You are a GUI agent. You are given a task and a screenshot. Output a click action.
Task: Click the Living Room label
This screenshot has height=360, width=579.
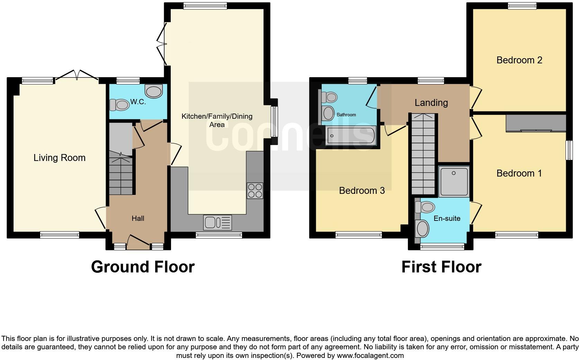click(x=59, y=158)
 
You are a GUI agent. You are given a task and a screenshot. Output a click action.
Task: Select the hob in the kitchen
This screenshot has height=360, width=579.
click(x=255, y=190)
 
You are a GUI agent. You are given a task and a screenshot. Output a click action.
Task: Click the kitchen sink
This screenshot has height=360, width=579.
click(x=218, y=223)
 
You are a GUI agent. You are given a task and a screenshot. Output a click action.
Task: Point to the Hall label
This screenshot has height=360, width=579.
click(x=138, y=218)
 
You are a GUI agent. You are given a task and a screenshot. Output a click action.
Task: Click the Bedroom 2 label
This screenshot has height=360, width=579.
click(x=519, y=60)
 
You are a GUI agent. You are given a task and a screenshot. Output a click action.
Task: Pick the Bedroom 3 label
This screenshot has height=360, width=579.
click(x=362, y=191)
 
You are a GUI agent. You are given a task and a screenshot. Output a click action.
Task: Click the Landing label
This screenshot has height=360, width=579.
click(x=431, y=103)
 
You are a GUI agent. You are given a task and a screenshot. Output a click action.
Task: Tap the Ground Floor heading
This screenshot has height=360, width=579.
click(x=143, y=267)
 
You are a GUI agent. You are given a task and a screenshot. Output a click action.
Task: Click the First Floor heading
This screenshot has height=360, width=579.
click(x=441, y=267)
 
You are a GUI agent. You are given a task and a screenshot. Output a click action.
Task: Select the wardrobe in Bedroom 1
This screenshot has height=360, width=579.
click(x=535, y=123)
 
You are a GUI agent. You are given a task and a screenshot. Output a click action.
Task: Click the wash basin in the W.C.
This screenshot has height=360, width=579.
click(x=154, y=91)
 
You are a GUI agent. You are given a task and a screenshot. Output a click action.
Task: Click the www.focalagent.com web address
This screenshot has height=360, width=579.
click(x=370, y=355)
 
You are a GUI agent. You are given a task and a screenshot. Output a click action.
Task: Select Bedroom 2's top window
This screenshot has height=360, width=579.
click(x=522, y=5)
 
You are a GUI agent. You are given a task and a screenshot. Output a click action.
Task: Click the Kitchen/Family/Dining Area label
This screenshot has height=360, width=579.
click(x=217, y=120)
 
